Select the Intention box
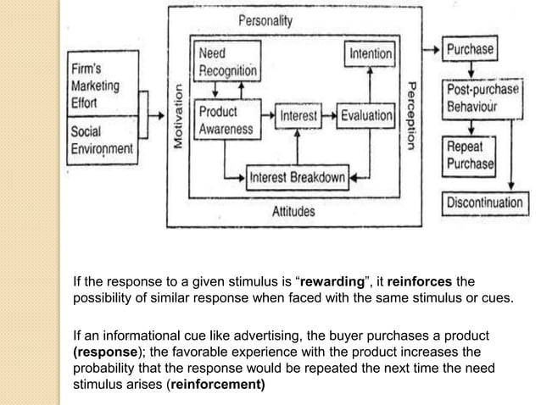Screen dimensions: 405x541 371,54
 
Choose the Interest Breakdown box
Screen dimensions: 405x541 297,177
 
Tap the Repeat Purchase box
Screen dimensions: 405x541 470,154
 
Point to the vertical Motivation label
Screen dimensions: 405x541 179,118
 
